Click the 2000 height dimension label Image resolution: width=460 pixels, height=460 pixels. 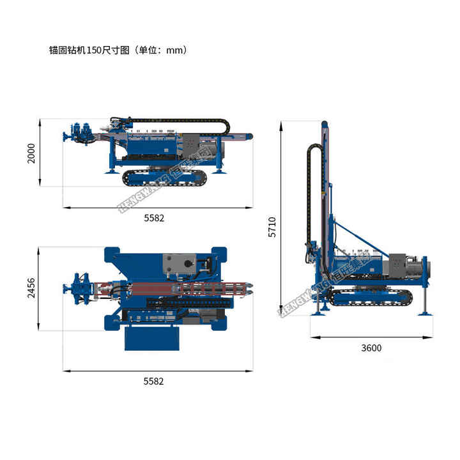31,153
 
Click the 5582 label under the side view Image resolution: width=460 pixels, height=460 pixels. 154,218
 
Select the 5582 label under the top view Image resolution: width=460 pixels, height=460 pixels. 154,381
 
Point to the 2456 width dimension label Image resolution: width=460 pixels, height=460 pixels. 31,288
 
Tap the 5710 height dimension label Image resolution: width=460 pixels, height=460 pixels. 272,227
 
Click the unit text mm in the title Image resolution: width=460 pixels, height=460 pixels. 174,50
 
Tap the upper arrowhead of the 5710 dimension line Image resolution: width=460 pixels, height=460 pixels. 282,122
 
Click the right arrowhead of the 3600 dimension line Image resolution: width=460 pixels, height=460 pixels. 432,335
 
